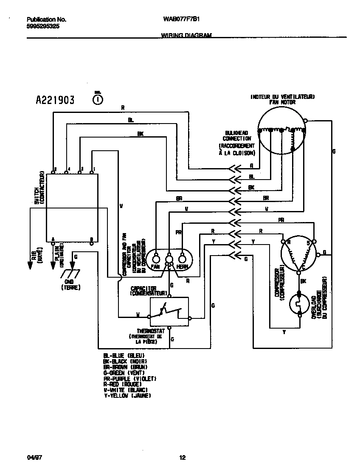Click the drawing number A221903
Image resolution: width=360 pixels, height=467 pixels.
click(x=55, y=100)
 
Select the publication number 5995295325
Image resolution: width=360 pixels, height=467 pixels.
click(x=43, y=25)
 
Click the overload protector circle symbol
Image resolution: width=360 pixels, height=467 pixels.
click(x=300, y=304)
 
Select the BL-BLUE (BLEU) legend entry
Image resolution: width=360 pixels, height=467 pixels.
click(x=124, y=355)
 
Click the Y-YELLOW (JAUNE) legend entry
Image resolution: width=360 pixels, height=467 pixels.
click(x=127, y=396)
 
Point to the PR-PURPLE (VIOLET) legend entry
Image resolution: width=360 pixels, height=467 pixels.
click(x=130, y=378)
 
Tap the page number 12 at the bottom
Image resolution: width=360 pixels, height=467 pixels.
click(x=182, y=458)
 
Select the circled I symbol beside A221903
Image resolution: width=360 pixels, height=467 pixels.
click(x=98, y=99)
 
